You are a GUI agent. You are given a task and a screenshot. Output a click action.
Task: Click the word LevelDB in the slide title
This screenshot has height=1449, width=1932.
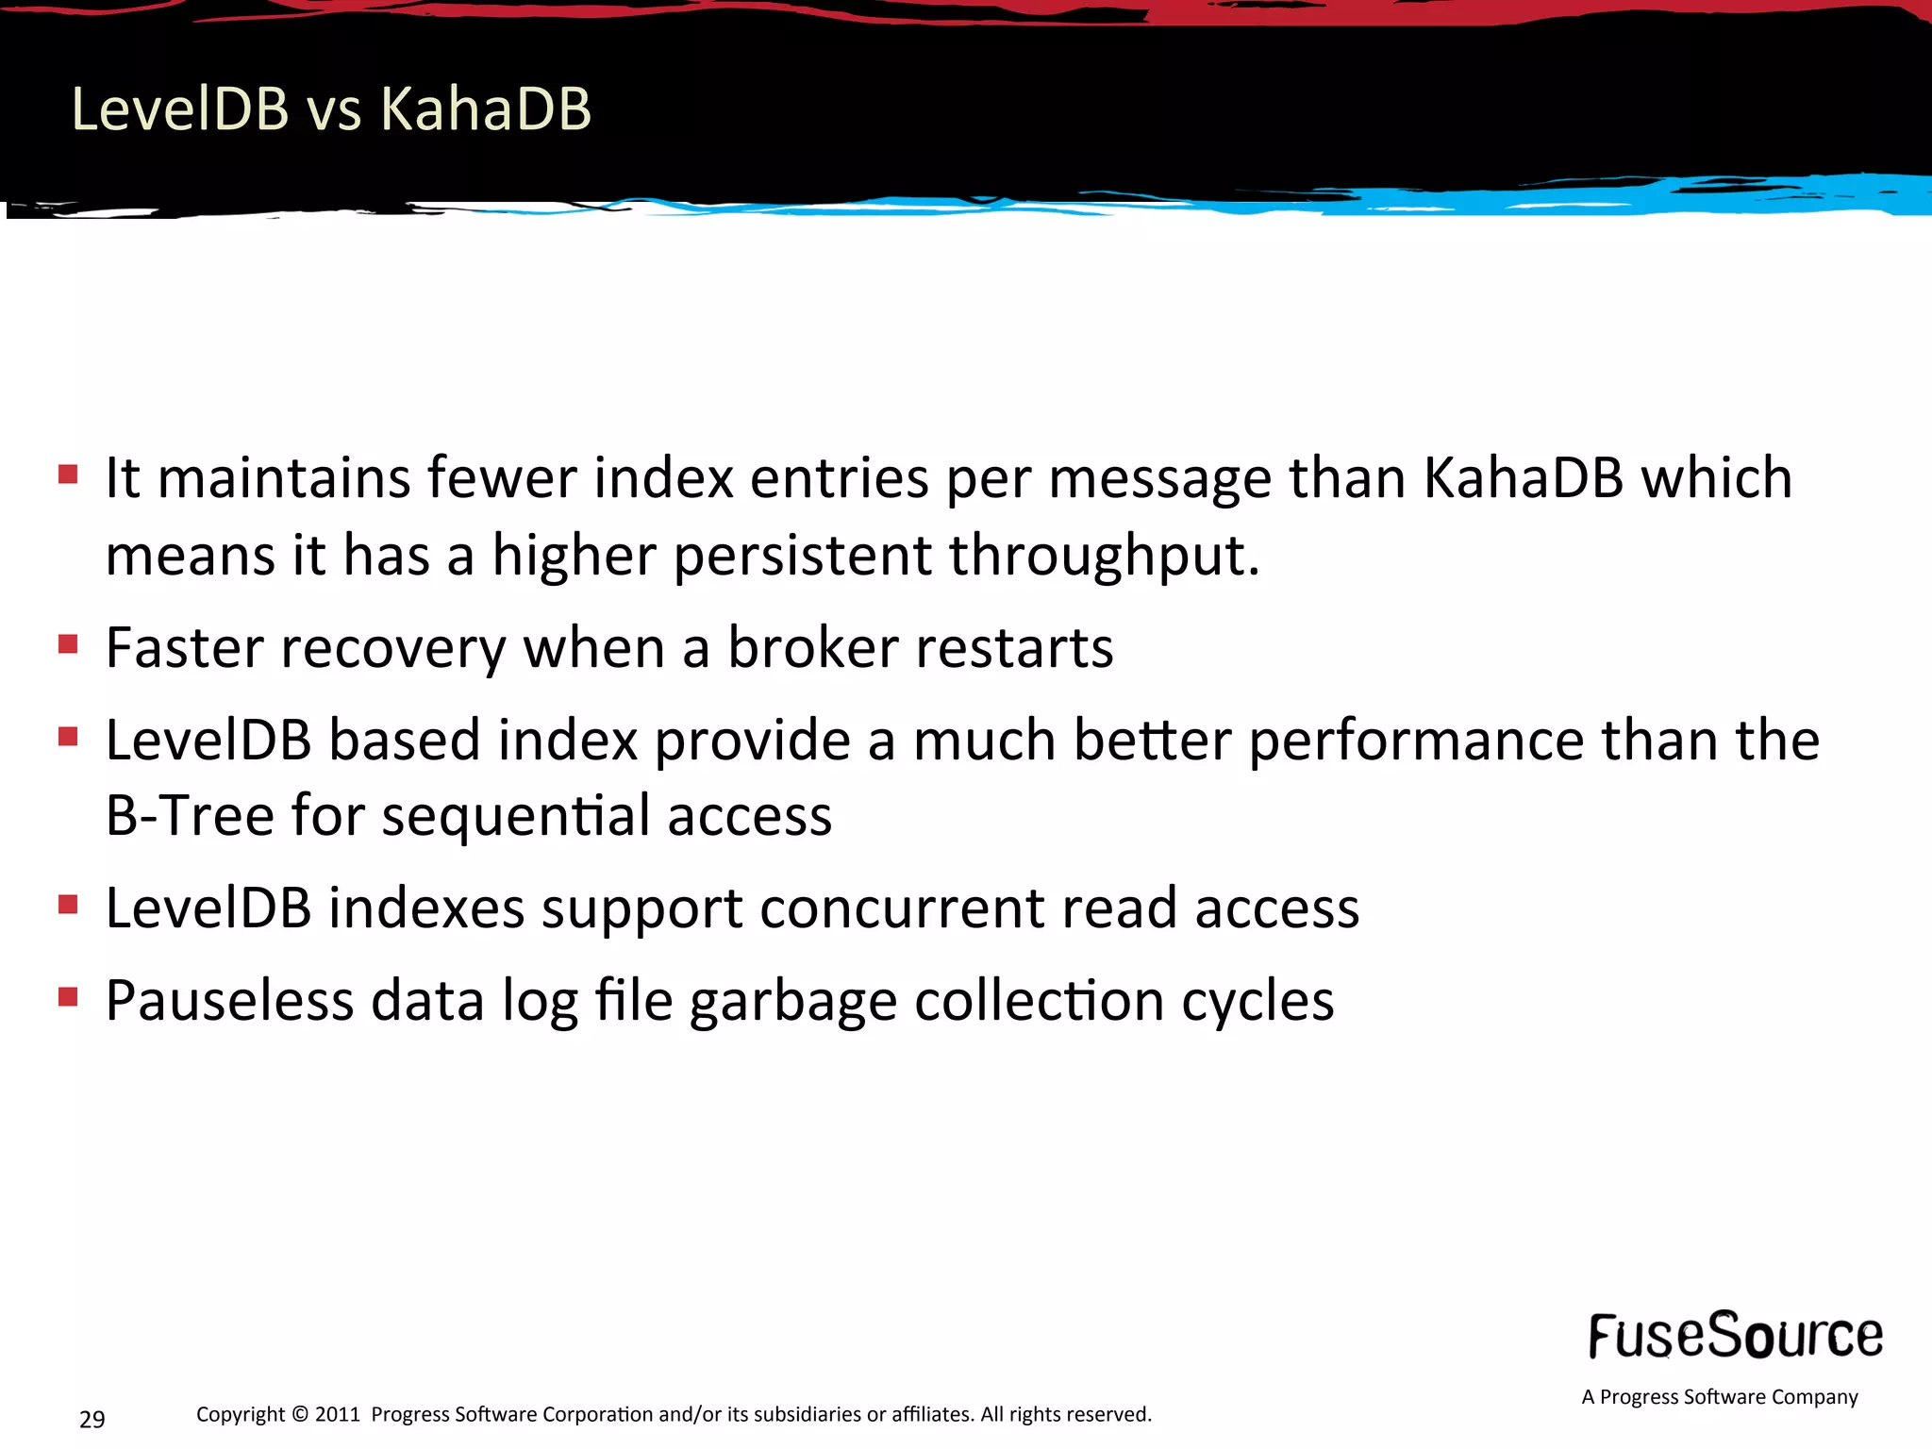click(180, 108)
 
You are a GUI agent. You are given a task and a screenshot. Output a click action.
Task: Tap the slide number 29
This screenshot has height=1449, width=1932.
click(92, 1419)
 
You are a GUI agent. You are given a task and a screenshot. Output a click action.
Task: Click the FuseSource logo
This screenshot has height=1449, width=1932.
click(1735, 1336)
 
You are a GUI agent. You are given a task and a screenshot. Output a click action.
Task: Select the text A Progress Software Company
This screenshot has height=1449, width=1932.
click(1719, 1397)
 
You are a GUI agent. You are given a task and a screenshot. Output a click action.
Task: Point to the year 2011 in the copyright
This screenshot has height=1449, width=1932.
click(338, 1414)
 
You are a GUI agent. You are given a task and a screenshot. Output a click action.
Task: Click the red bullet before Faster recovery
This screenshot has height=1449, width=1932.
click(67, 644)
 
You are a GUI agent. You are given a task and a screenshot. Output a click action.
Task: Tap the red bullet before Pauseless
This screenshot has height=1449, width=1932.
click(67, 996)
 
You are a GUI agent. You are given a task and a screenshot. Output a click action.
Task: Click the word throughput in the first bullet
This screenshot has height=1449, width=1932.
click(1104, 555)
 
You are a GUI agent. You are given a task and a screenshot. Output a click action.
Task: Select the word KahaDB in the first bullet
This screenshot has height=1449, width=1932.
click(1523, 477)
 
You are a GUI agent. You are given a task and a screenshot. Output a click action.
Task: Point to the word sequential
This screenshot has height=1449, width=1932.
click(515, 817)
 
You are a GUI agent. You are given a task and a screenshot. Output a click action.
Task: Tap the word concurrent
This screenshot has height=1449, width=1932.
click(902, 908)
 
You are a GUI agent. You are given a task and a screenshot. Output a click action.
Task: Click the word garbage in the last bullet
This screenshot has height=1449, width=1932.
click(792, 1002)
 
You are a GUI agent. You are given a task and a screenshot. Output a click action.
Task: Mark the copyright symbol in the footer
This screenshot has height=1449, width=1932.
click(300, 1414)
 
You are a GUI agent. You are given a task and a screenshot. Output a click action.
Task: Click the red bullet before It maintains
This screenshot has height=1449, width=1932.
click(67, 473)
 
